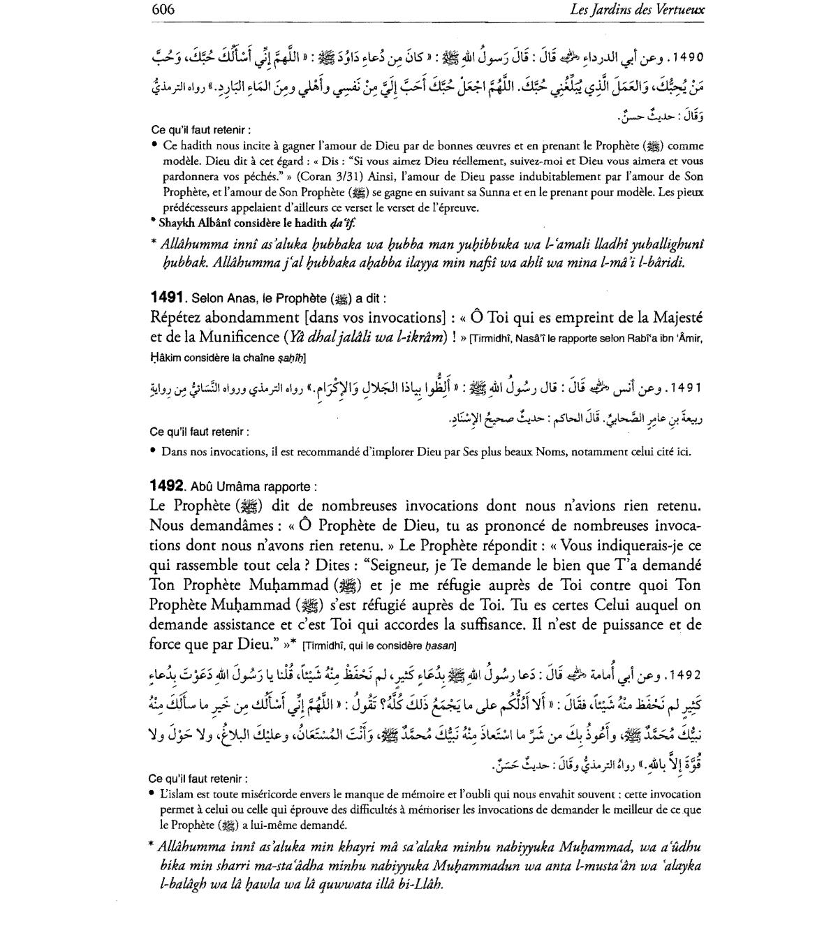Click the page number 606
pyautogui.click(x=162, y=10)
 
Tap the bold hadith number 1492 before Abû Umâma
pyautogui.click(x=167, y=485)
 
